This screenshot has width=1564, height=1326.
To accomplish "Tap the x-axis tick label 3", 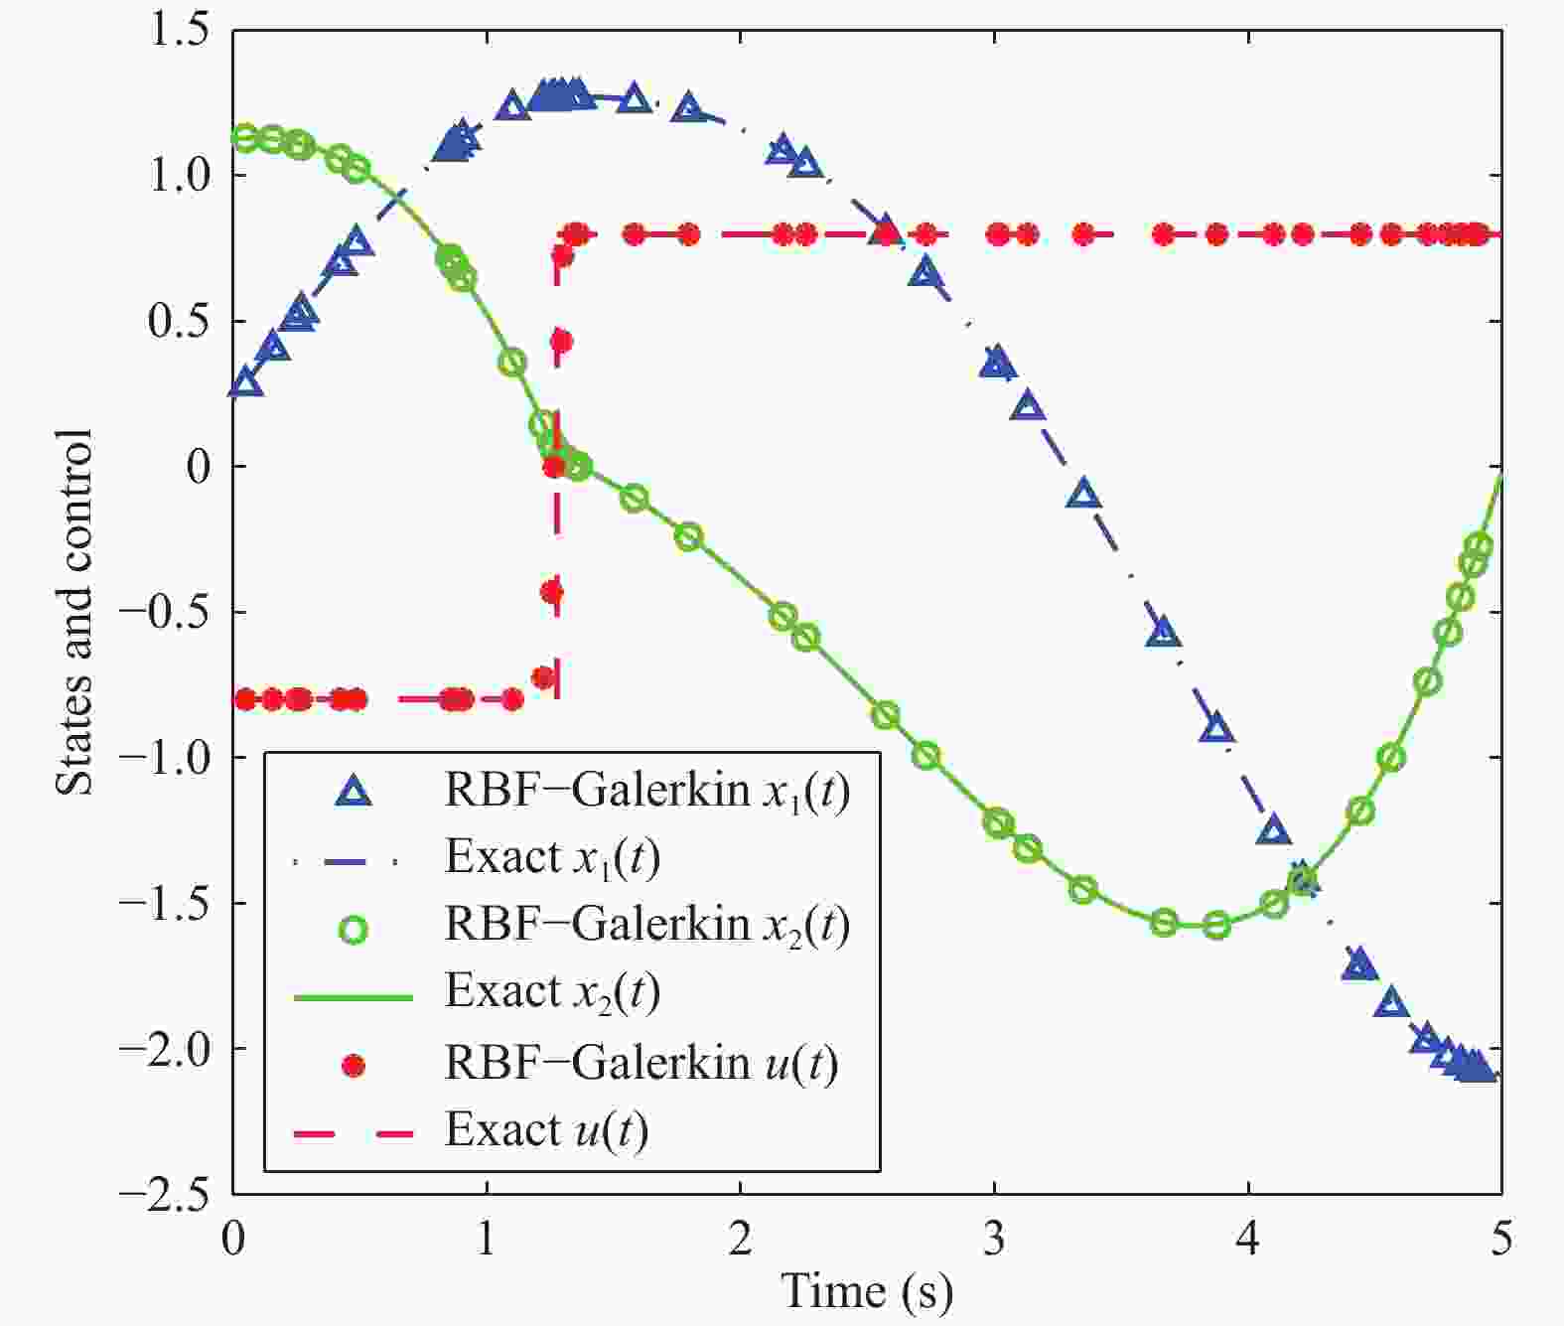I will pyautogui.click(x=994, y=1239).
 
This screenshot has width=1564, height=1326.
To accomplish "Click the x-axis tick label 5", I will pyautogui.click(x=1500, y=1239).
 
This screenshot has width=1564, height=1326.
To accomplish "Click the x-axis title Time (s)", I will pyautogui.click(x=867, y=1291).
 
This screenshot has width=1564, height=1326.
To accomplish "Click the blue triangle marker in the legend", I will pyautogui.click(x=354, y=792).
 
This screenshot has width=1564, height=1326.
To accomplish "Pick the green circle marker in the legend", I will pyautogui.click(x=354, y=930).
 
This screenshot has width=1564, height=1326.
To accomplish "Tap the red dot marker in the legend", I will pyautogui.click(x=354, y=1066).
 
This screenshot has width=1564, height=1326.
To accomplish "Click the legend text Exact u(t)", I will pyautogui.click(x=546, y=1130).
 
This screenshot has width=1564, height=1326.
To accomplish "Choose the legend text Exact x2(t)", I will pyautogui.click(x=552, y=991).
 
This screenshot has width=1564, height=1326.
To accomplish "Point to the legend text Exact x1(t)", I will pyautogui.click(x=552, y=857).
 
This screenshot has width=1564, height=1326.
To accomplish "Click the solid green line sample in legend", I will pyautogui.click(x=354, y=996).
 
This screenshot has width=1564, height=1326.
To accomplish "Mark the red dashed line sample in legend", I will pyautogui.click(x=354, y=1133).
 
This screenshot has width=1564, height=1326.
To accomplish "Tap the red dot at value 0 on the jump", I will pyautogui.click(x=554, y=466).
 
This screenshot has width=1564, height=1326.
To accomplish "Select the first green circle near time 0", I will pyautogui.click(x=244, y=138).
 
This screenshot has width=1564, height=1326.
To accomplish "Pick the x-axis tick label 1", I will pyautogui.click(x=486, y=1239).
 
